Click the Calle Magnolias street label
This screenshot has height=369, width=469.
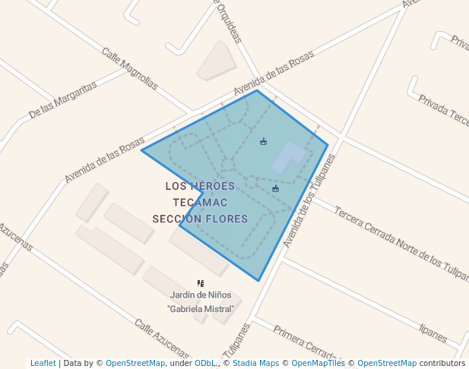point(129,69)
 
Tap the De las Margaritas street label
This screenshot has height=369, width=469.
point(62,99)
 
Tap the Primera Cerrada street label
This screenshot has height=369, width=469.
point(304,342)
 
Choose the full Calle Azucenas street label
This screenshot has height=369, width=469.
point(162,339)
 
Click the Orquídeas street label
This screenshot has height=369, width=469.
point(227,20)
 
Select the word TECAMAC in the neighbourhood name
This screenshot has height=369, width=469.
point(200,203)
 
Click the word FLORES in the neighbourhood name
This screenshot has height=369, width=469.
point(226,219)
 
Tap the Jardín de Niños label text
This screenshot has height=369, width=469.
point(201,295)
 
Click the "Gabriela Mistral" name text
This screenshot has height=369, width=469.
point(201,309)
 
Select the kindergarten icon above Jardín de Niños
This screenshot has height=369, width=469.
point(201,283)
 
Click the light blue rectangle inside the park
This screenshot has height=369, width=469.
point(288,157)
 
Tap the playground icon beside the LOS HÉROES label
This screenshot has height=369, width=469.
point(275,188)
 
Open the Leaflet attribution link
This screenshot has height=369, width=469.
point(43,363)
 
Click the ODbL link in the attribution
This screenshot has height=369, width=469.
point(205,363)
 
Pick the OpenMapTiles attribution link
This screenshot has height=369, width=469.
point(318,363)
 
